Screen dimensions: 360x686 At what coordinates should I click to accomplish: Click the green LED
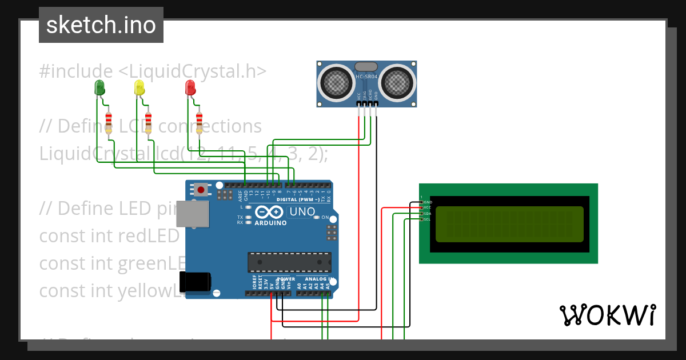(x=99, y=87)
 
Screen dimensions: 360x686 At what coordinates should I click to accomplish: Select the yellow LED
(x=139, y=87)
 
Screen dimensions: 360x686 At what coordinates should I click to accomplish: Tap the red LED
(x=190, y=87)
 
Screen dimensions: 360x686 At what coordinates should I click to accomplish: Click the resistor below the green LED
(x=109, y=123)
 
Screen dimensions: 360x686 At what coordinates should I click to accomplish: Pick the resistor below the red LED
(x=199, y=123)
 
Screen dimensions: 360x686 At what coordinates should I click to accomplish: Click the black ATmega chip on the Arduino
(x=289, y=262)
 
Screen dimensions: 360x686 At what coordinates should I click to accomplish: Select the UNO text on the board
(x=302, y=212)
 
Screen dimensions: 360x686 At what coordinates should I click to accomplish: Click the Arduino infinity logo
(x=272, y=212)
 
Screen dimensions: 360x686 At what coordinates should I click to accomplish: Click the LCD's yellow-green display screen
(x=509, y=224)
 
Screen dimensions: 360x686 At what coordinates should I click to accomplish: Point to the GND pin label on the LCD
(x=428, y=202)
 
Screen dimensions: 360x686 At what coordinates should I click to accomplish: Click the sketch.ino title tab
(x=101, y=25)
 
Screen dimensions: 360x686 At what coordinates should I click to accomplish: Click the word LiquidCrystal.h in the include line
(x=192, y=71)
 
